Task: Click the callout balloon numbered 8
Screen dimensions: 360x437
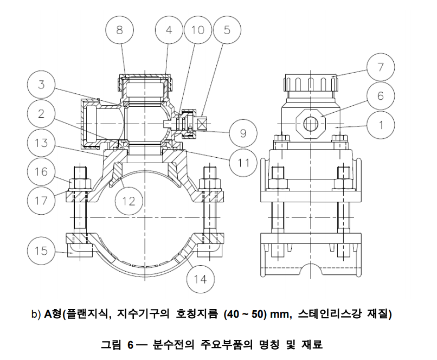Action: point(119,30)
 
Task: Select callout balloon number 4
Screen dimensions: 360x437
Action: point(169,30)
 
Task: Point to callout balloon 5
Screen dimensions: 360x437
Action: point(227,30)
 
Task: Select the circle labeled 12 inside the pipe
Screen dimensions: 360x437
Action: point(128,201)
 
